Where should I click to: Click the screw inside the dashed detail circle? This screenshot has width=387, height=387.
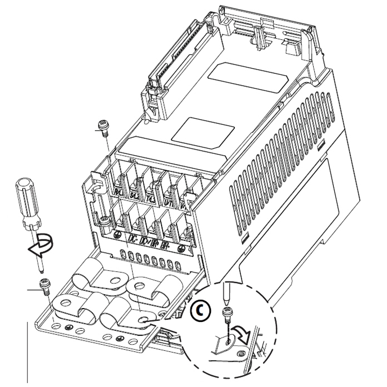[225, 315]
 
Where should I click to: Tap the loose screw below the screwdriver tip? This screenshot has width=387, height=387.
[44, 284]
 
